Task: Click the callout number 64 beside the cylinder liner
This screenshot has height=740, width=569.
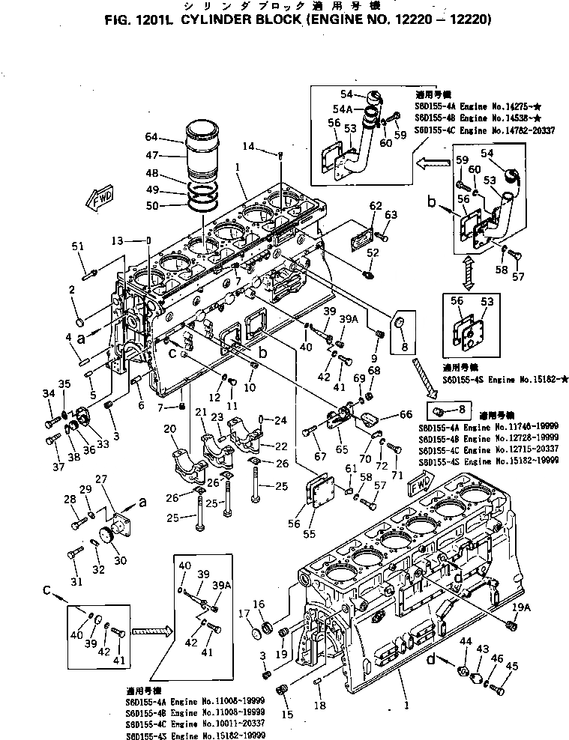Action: pos(151,137)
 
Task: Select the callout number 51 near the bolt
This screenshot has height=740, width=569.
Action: pos(76,246)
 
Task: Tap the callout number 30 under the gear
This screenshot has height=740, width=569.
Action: pos(118,561)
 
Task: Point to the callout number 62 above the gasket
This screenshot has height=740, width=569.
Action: pos(376,205)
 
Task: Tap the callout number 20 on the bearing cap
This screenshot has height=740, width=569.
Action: pos(169,428)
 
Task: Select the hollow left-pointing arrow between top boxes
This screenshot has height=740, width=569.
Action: pos(433,160)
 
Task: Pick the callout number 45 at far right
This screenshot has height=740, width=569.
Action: pos(512,666)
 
